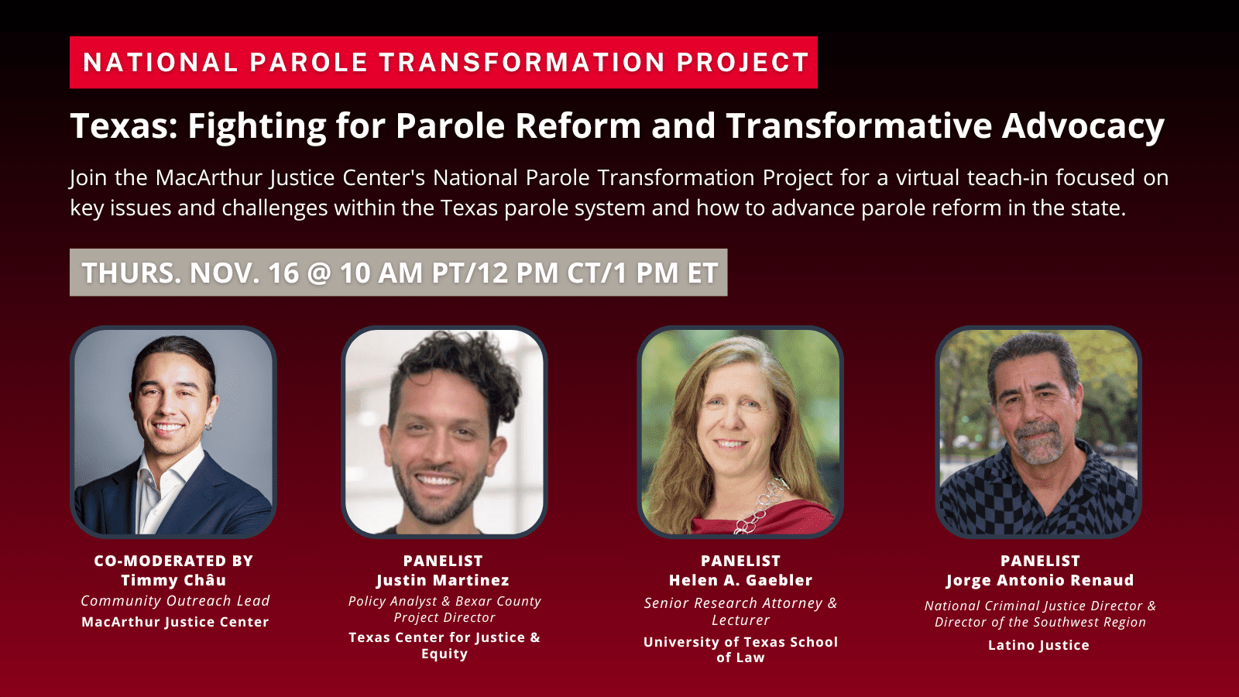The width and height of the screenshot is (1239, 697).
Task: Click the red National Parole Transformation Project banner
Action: click(443, 62)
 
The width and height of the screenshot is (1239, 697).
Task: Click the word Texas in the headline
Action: click(124, 126)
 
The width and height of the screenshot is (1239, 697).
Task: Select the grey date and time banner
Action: click(398, 273)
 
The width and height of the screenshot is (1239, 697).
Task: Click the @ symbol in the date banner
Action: click(319, 273)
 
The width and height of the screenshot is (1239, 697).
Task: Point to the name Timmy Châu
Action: click(173, 580)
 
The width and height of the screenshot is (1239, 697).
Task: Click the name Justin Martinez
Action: click(443, 580)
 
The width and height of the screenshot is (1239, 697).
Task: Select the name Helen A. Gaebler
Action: click(740, 580)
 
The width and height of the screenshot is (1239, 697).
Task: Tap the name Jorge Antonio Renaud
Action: click(1039, 580)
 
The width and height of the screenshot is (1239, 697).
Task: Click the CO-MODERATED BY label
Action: click(173, 561)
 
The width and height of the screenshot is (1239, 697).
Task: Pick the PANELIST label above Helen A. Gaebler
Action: click(740, 561)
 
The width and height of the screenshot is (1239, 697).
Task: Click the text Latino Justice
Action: click(1038, 645)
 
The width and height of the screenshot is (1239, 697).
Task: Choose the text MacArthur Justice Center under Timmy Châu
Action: click(175, 622)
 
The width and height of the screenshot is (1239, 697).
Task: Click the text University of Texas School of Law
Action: click(740, 650)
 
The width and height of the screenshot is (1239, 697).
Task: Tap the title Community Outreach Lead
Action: click(175, 601)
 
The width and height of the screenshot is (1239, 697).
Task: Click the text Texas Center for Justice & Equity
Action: click(444, 645)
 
